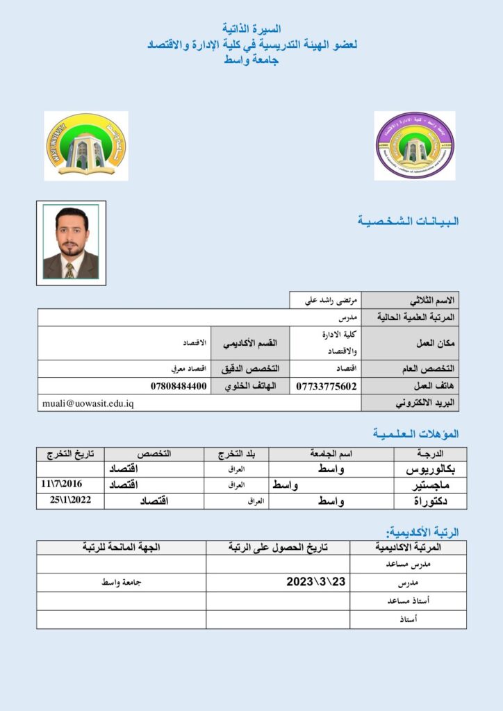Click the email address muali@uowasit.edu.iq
(88, 403)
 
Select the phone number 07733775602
(327, 386)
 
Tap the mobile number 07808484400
(179, 386)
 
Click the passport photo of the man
(71, 242)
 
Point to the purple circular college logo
(415, 145)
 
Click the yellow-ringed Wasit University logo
(86, 145)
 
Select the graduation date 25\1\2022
(70, 500)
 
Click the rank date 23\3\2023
(315, 582)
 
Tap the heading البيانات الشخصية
(408, 221)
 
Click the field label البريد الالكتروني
(415, 403)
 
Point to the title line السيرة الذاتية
(251, 29)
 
